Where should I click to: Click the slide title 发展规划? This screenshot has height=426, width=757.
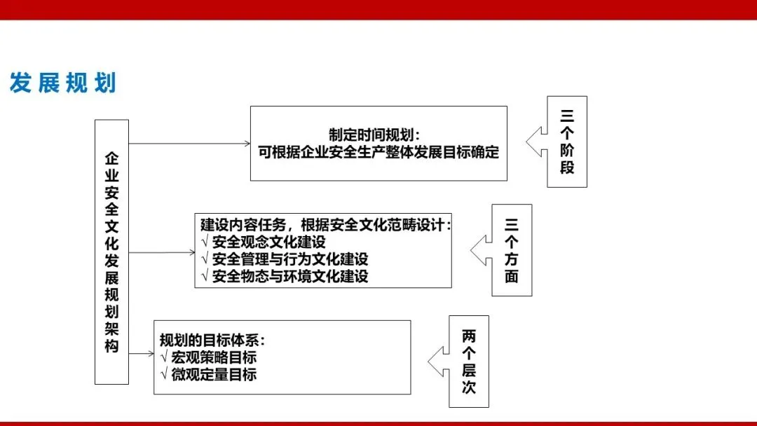[x=62, y=83]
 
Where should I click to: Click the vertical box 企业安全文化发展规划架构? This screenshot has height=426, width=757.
[x=112, y=252]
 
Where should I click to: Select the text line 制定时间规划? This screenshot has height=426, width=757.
[x=378, y=135]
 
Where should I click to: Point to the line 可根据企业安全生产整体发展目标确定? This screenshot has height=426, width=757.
[x=378, y=152]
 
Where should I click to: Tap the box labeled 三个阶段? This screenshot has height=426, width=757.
[x=567, y=142]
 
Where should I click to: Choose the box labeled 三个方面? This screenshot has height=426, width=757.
[x=512, y=250]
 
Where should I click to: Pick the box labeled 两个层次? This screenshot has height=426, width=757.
[x=469, y=362]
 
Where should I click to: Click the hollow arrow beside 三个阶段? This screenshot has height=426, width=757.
[x=536, y=142]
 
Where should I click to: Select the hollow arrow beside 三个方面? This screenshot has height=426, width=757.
[x=481, y=250]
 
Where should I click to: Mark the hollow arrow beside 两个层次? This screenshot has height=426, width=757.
[x=438, y=361]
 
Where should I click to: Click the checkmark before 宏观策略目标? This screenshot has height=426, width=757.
[x=163, y=358]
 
